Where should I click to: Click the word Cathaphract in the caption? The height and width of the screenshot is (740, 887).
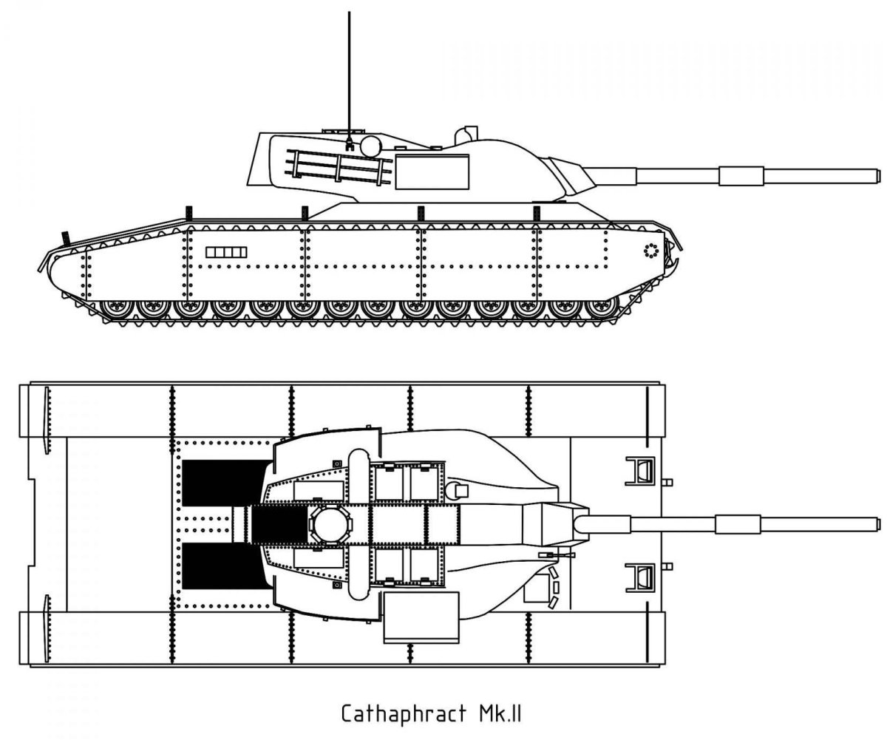point(404,713)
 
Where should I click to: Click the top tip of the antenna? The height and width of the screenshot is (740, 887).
point(349,13)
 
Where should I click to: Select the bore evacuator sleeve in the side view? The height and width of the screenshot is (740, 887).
point(741,176)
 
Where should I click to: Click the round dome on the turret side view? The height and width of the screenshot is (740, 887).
point(371,146)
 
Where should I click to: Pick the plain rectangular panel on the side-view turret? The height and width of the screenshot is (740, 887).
point(432,172)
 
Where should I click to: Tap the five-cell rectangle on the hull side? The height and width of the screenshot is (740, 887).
point(226,252)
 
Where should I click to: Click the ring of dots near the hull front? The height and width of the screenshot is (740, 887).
point(650,251)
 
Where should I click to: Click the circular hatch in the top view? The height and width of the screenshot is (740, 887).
point(330,525)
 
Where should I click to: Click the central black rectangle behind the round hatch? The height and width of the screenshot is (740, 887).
point(280,524)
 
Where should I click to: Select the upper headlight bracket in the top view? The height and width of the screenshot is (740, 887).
point(640,472)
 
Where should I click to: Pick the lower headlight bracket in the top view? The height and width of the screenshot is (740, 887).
point(640,577)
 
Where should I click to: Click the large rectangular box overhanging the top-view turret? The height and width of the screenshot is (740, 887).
point(421,618)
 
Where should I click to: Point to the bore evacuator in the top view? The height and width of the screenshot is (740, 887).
point(738,524)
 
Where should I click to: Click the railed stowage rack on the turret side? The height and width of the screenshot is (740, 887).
point(339,167)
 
